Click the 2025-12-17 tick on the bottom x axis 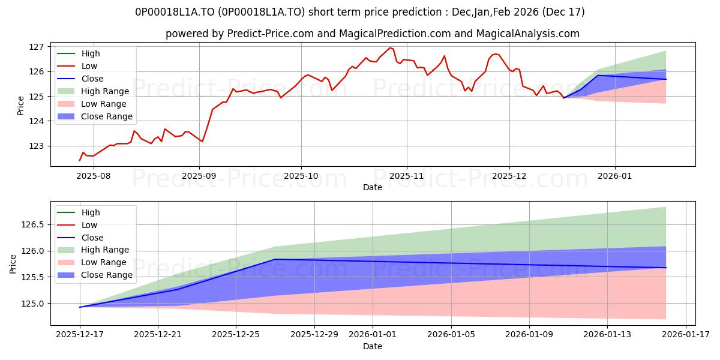pos(80,335)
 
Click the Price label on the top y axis pos(21,106)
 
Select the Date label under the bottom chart pos(373,346)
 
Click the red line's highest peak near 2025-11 pos(389,47)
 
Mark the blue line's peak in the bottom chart pos(275,259)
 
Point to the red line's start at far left pos(80,160)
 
